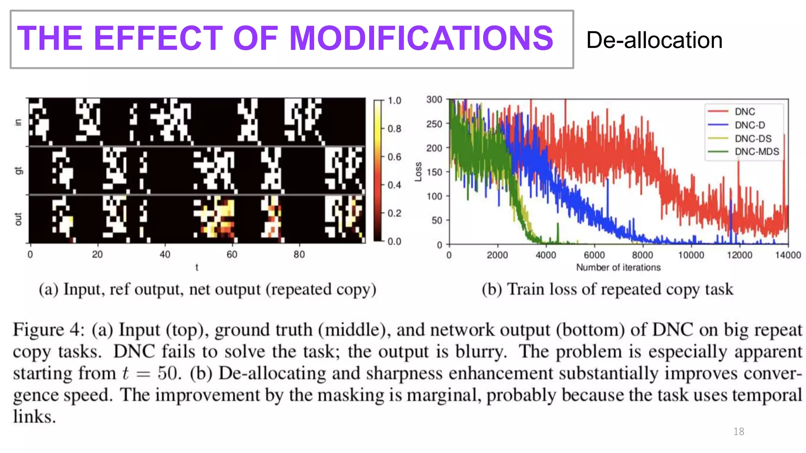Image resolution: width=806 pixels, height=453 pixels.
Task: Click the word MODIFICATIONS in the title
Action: [x=421, y=38]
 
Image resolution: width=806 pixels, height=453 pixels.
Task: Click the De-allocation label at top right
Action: [x=654, y=40]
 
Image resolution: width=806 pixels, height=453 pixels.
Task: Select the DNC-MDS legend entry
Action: [x=756, y=152]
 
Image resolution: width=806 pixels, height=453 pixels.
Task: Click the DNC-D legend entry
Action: [x=750, y=125]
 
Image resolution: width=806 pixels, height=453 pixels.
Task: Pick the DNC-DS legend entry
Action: [x=753, y=138]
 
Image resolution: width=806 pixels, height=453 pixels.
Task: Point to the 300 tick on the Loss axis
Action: [x=434, y=100]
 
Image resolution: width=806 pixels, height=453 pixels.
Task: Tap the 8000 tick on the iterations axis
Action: [x=642, y=255]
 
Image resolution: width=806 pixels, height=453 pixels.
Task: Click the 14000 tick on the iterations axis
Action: [x=788, y=255]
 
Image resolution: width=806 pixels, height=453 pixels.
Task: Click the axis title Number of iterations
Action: [x=618, y=267]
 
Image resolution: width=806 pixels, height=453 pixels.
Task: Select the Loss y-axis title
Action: [x=418, y=172]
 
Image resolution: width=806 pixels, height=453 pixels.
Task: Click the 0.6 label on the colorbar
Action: [x=394, y=157]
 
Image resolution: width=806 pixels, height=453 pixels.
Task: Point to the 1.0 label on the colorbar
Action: [x=394, y=101]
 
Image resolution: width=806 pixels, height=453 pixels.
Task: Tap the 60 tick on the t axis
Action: [x=232, y=254]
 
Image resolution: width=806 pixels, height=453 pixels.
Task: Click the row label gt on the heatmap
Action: [x=18, y=171]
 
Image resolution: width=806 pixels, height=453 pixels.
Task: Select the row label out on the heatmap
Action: [x=18, y=219]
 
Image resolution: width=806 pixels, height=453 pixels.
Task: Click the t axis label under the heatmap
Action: [x=197, y=267]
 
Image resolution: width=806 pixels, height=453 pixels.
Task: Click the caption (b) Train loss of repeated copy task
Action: [x=607, y=290]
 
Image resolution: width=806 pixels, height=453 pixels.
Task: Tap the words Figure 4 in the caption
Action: [x=48, y=330]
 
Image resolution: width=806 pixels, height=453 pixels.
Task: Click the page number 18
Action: [x=739, y=432]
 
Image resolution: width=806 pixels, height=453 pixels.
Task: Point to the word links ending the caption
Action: [x=34, y=416]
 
